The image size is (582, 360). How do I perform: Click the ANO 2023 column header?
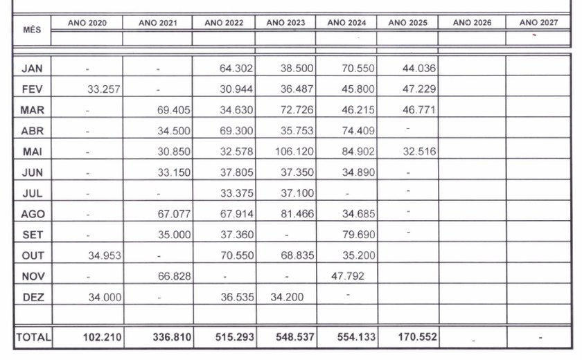point(285,23)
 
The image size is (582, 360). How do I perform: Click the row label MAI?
point(32,152)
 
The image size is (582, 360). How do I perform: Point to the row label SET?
point(32,235)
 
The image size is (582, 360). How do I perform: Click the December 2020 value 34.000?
point(103,297)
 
